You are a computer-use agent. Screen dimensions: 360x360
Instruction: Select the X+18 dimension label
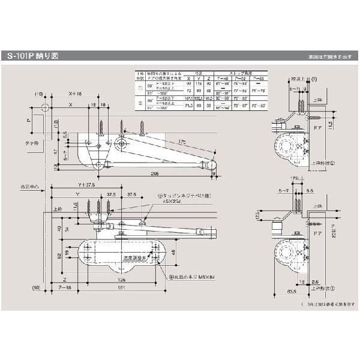pyautogui.click(x=75, y=94)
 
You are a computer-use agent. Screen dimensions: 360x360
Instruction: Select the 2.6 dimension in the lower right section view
pyautogui.click(x=315, y=280)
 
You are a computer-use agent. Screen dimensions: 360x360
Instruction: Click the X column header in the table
pyautogui.click(x=188, y=78)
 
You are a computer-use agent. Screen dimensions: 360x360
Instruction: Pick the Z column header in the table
pyautogui.click(x=208, y=78)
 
